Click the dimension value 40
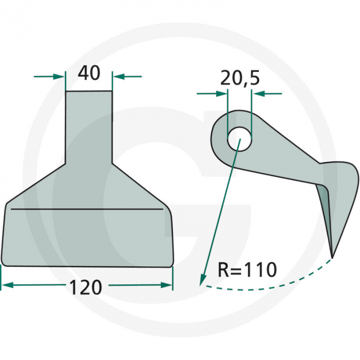[88, 74]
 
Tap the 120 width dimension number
[86, 287]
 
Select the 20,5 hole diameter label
[240, 78]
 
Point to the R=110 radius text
[247, 269]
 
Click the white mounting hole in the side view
[239, 138]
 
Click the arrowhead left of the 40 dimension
[60, 77]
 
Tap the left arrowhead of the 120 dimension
[6, 284]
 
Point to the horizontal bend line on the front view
[85, 210]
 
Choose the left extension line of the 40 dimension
[66, 82]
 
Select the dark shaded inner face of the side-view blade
[325, 206]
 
